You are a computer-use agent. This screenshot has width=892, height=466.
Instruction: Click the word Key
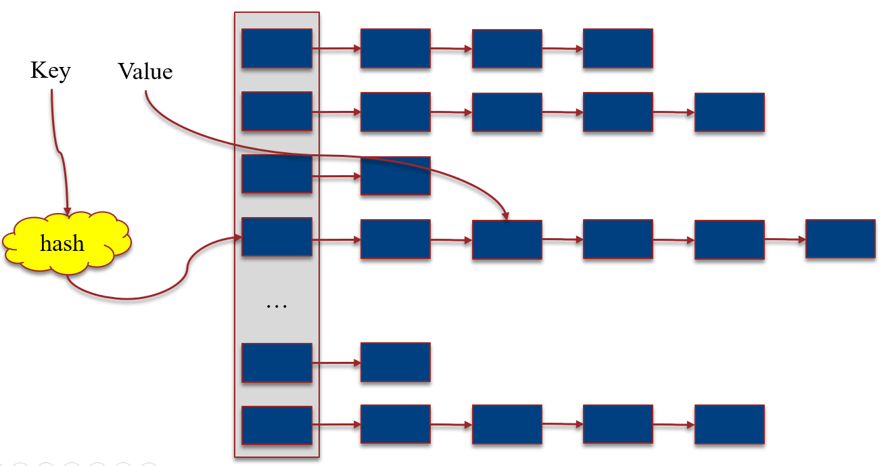50,70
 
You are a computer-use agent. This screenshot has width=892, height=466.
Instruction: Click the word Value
145,71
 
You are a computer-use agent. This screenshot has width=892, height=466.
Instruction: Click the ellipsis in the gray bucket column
277,306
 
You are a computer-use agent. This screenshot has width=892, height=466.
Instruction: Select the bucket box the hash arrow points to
277,237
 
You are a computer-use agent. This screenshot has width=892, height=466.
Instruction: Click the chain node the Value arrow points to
507,239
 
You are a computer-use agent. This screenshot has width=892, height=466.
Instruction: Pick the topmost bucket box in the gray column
277,48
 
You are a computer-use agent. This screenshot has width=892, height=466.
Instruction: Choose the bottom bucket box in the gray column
277,425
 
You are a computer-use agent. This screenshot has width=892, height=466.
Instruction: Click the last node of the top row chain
617,48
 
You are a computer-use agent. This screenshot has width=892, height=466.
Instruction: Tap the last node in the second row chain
729,112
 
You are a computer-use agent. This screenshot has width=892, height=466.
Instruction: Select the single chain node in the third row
395,176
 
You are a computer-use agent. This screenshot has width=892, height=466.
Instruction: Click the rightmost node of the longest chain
841,238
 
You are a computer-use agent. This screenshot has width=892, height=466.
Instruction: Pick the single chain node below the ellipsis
395,362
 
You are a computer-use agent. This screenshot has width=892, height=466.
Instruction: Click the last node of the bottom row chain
729,424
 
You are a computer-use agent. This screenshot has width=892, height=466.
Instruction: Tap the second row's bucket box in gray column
277,111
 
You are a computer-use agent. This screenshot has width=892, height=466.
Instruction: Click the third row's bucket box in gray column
277,174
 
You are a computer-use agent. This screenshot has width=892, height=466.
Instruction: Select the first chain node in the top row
395,48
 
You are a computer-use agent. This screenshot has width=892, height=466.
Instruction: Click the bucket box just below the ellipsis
277,363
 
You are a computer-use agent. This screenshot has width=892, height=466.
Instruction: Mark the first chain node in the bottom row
395,424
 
